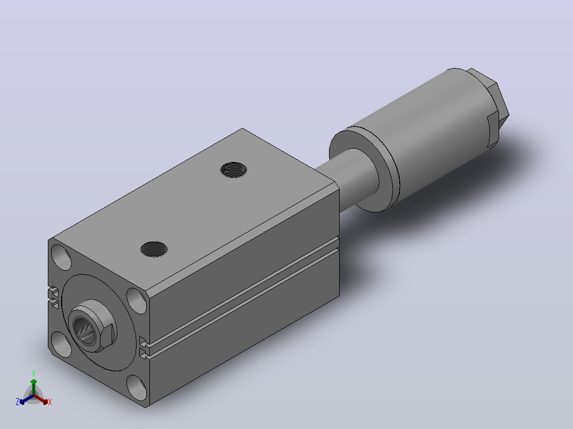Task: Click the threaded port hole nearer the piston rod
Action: [233, 170]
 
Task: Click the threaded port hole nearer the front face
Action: [154, 249]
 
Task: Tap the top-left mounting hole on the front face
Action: [62, 258]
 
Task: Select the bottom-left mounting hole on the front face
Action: [62, 344]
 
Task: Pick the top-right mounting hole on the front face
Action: [137, 301]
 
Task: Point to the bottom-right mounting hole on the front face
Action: [137, 388]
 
